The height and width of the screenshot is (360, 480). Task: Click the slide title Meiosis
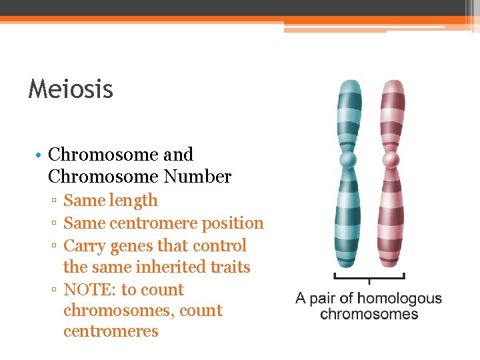coord(71,89)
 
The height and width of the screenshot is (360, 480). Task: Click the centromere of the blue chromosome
coord(348,160)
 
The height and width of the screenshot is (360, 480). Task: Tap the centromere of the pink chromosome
coord(392,160)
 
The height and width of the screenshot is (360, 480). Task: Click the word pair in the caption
coord(327,298)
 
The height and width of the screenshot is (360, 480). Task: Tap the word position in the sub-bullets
coord(234,223)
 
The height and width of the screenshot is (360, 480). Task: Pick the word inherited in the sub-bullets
coord(173,267)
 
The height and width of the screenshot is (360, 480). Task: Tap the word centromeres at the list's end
coord(111,331)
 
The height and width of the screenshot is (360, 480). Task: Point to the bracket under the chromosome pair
coord(369,276)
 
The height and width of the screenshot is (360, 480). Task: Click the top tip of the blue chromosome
coord(349,83)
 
